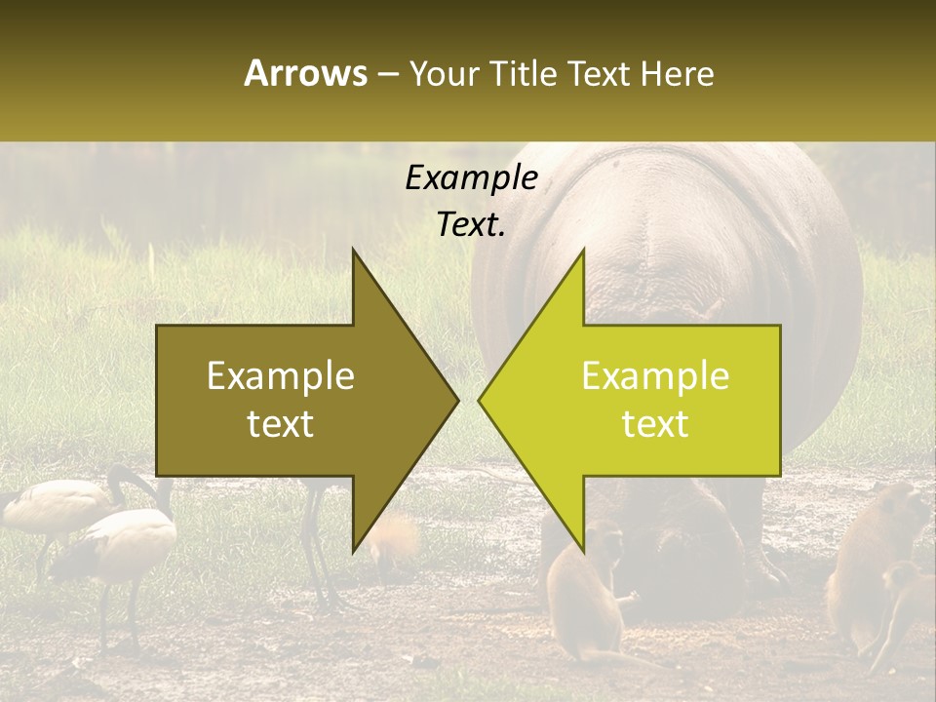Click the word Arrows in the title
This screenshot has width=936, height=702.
click(x=305, y=73)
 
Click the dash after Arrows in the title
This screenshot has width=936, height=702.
click(x=388, y=74)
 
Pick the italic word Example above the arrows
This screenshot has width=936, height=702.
click(x=471, y=177)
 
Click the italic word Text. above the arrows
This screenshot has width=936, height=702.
click(x=471, y=225)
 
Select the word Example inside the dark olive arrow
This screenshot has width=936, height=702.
click(x=281, y=376)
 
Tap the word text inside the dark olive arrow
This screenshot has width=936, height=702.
click(x=281, y=424)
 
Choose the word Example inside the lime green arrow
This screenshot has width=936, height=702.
click(x=655, y=376)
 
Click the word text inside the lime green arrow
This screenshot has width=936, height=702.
click(x=655, y=424)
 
